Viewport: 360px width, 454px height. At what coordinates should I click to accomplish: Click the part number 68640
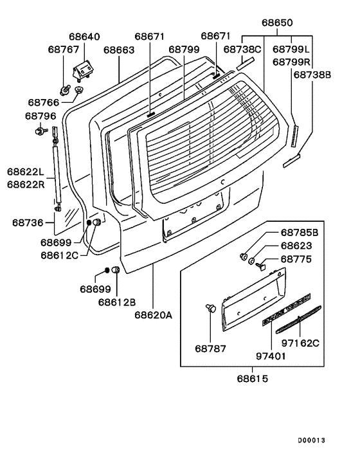[84, 37]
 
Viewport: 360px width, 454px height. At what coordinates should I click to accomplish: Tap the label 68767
[64, 49]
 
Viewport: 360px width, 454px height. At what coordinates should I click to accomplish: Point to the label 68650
[277, 23]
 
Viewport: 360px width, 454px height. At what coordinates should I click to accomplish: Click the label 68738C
[242, 49]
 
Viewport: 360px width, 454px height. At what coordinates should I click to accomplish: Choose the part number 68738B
[312, 75]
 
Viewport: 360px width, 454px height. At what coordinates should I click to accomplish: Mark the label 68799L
[291, 49]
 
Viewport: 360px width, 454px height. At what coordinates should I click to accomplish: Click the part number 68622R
[26, 185]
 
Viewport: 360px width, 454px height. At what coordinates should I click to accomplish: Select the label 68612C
[60, 255]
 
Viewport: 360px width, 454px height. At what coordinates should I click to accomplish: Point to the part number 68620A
[154, 315]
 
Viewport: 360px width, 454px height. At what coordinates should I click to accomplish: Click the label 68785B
[299, 232]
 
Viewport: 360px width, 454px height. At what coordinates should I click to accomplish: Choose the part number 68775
[296, 259]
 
